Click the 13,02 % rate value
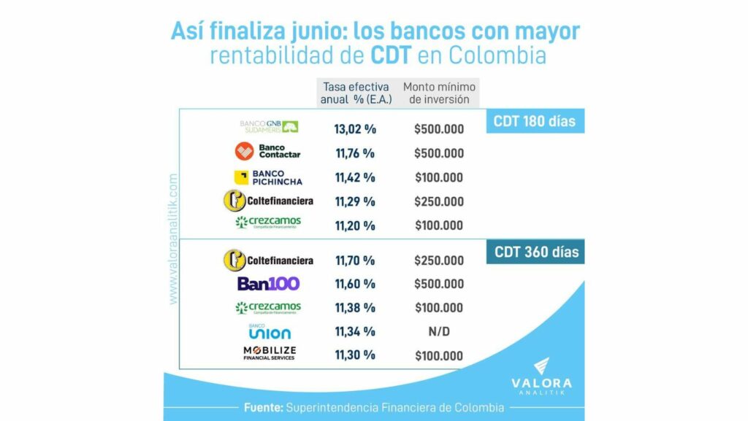point(355,129)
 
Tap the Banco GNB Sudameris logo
point(269,127)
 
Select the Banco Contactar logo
point(268,152)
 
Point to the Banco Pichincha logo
point(268,177)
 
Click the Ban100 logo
point(268,284)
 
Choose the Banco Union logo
point(269,331)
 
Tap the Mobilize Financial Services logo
point(269,354)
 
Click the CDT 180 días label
point(534,121)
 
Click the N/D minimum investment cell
point(439,332)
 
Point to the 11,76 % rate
point(355,153)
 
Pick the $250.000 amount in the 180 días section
point(439,201)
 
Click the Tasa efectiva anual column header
point(355,93)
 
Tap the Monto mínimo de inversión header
point(439,93)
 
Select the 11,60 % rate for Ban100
point(355,284)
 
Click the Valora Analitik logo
point(541,375)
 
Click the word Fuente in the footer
point(262,406)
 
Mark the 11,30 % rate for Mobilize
point(355,355)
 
